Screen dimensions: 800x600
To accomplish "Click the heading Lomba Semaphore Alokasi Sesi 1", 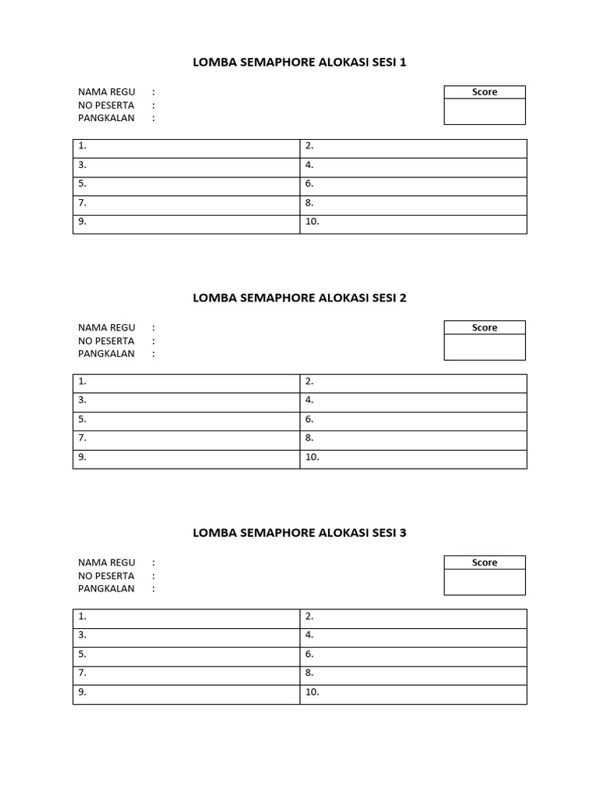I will click(299, 62).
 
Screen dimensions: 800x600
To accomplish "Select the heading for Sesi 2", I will click(299, 298).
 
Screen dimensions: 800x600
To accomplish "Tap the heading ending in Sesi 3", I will click(299, 533).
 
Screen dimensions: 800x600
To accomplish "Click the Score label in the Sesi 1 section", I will click(484, 92).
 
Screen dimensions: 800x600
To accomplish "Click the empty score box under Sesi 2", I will click(484, 348).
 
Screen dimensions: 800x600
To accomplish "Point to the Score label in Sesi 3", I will click(484, 562).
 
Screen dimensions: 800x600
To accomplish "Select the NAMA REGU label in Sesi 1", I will click(106, 92).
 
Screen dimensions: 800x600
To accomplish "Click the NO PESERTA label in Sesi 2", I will click(106, 341).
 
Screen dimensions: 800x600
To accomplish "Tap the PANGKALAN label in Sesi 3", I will click(106, 588).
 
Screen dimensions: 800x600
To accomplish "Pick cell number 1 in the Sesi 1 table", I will click(186, 148).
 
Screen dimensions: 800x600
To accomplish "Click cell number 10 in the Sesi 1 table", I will click(413, 224).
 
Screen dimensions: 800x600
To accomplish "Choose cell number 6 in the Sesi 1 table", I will click(413, 186).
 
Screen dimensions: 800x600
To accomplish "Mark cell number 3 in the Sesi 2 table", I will click(186, 402).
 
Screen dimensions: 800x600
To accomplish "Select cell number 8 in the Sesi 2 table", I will click(413, 441).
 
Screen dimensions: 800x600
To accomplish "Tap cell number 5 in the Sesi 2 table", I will click(186, 422).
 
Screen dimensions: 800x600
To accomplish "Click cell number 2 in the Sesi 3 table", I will click(413, 619).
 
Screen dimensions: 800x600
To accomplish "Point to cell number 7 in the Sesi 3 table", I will click(186, 676).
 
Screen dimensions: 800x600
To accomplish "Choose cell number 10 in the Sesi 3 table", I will click(413, 695).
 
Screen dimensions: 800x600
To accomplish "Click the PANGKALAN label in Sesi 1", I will click(106, 118).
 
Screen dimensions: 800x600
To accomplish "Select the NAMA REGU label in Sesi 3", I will click(106, 562).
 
